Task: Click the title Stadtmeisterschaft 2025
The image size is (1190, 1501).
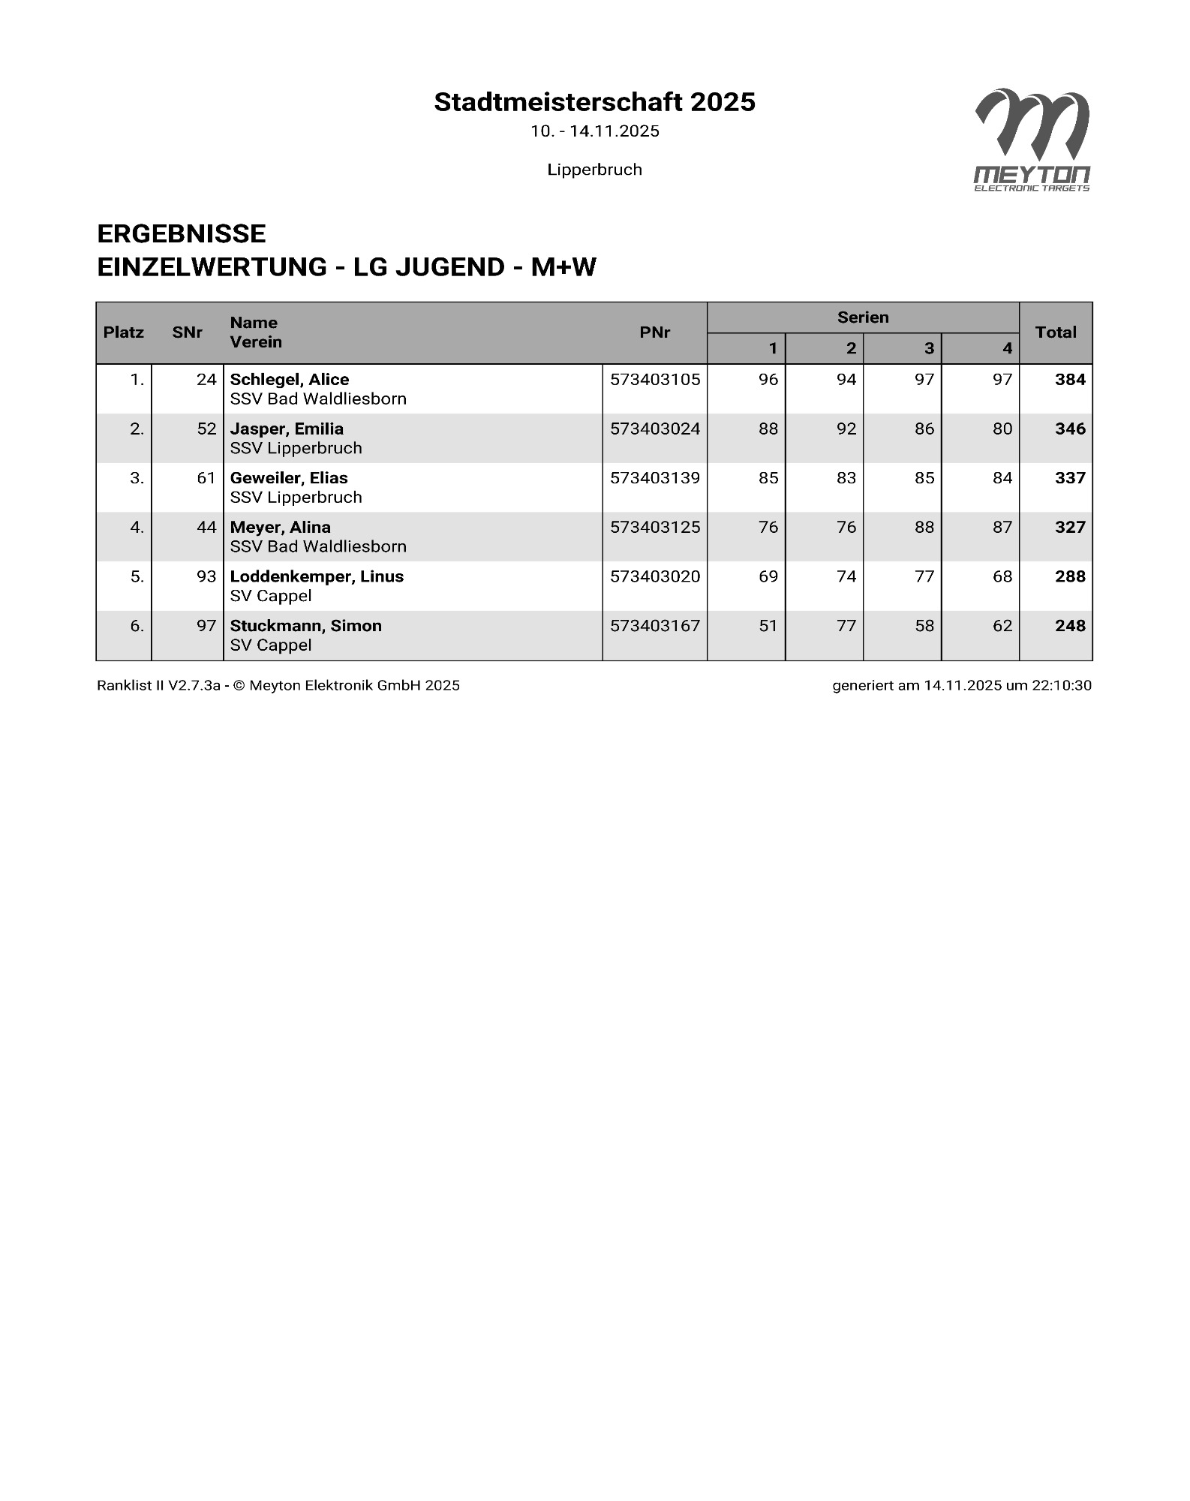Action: pos(594,102)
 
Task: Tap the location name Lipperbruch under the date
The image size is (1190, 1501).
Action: pos(594,170)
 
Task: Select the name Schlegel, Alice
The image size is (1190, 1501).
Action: pos(289,380)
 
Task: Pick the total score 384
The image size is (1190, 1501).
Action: pos(1069,380)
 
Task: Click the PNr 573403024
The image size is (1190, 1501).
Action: pos(654,429)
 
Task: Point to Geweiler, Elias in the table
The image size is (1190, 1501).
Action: pos(288,478)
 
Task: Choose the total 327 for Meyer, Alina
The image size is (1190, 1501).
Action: pos(1069,528)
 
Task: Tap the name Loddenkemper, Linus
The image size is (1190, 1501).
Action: pos(317,576)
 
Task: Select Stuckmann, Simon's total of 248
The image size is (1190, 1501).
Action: pos(1069,626)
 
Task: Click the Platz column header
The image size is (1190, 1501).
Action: pos(124,332)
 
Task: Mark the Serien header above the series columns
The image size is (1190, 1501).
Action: pos(863,317)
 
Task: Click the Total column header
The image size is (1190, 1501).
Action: pos(1055,332)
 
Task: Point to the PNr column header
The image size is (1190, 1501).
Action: pos(654,332)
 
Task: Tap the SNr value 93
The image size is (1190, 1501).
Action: pos(206,576)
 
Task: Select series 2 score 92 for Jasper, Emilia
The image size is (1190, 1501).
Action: pos(846,429)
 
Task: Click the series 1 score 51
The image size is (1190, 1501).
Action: pos(768,626)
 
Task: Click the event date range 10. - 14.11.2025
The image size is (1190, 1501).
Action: pos(594,131)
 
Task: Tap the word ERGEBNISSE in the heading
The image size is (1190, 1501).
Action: pos(182,234)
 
